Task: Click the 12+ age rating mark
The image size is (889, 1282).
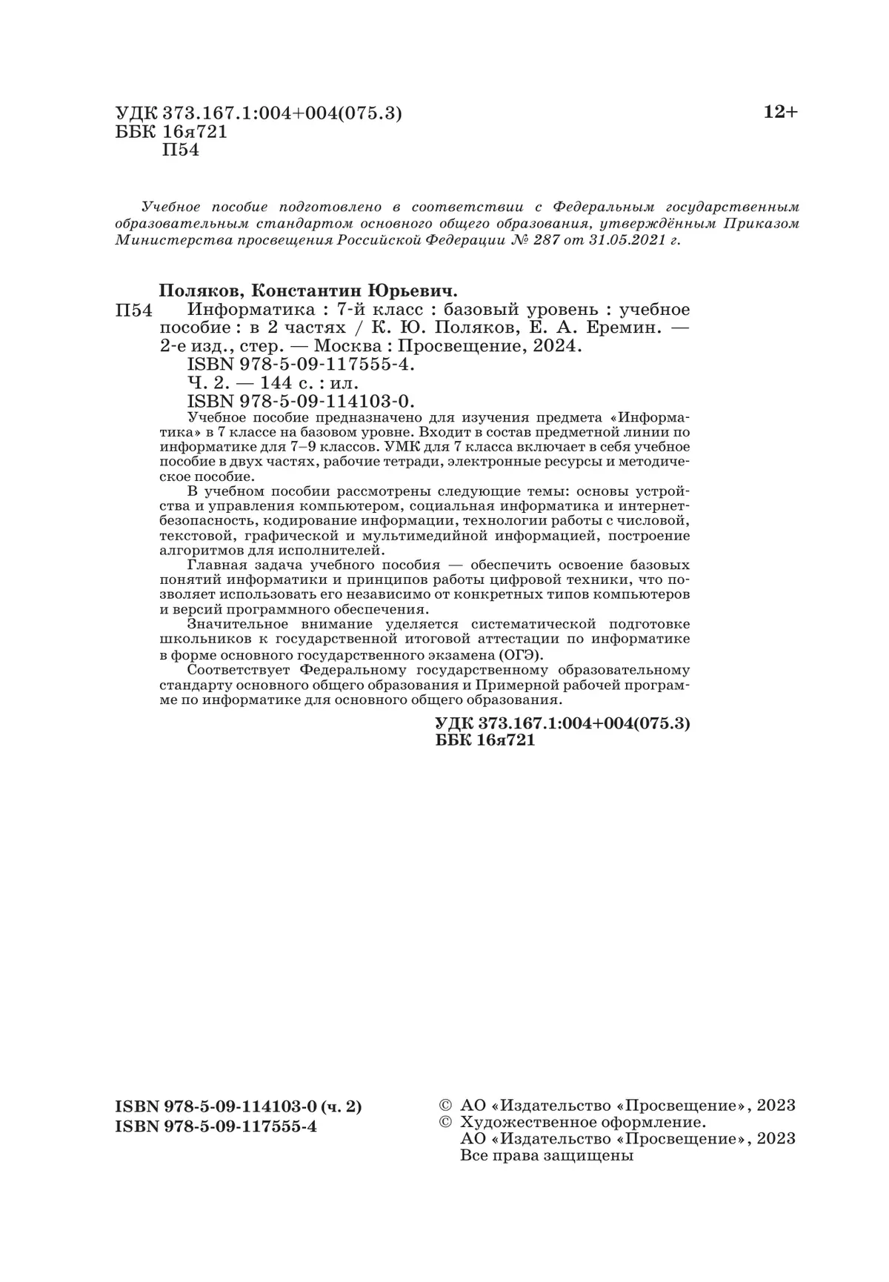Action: [x=781, y=113]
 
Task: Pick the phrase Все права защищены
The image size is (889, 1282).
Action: [x=547, y=1155]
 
